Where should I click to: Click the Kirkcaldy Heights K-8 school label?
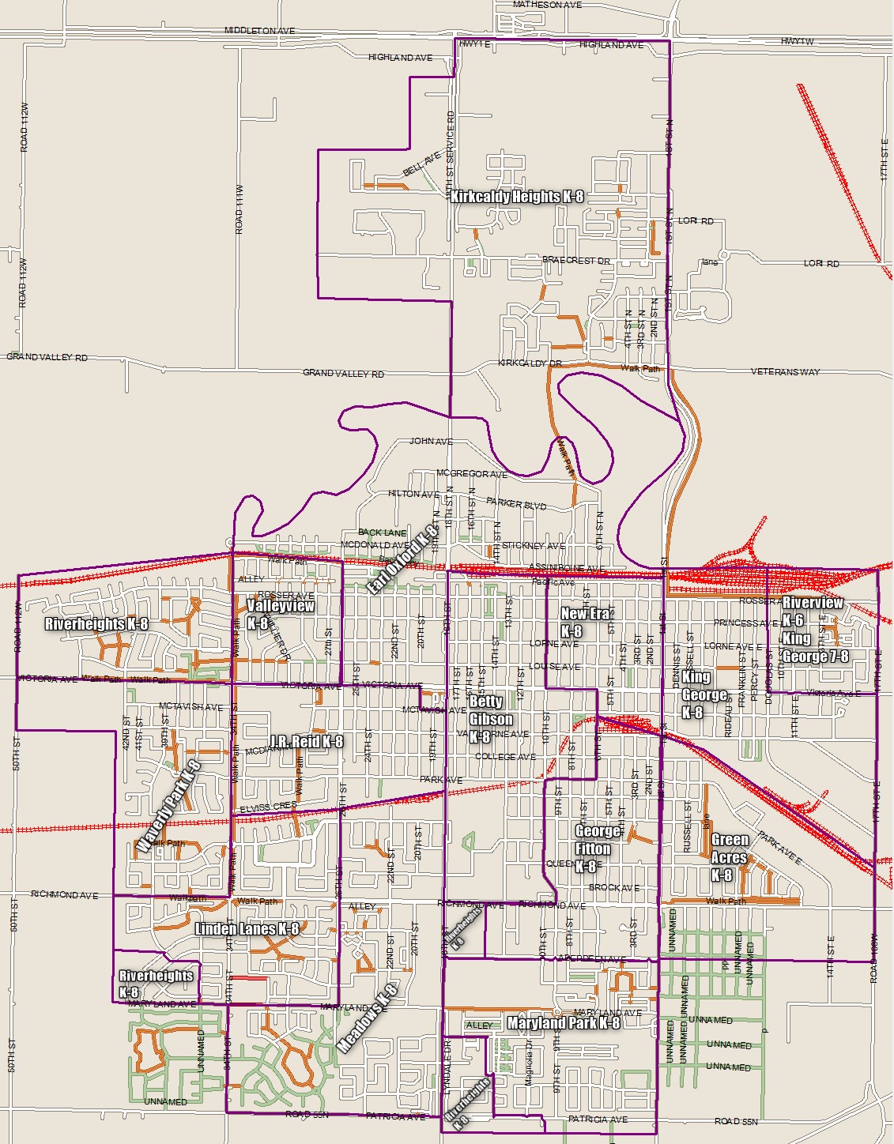(517, 197)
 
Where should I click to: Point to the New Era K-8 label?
(585, 622)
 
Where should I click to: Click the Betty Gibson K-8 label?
(490, 719)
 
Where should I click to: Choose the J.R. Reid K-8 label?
(305, 741)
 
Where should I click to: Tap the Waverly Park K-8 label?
(168, 806)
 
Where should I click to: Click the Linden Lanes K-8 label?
(247, 928)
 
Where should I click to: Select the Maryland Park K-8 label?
(564, 1023)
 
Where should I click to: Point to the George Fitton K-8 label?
(597, 849)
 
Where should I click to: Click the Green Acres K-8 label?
(730, 857)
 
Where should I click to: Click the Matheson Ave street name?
(547, 5)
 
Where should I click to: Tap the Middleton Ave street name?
(259, 31)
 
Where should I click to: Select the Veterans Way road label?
(785, 371)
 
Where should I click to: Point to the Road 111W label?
(240, 209)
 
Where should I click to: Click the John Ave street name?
(431, 441)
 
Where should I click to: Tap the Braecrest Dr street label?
(576, 260)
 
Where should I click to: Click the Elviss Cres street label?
(270, 807)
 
